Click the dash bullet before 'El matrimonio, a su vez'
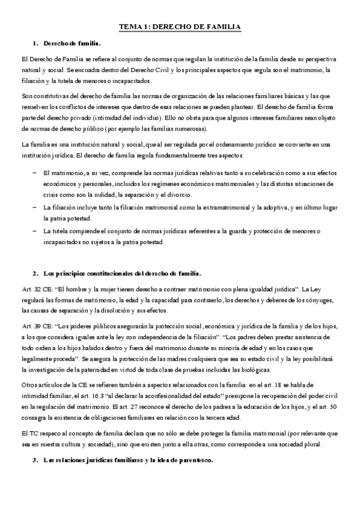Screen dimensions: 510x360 pyautogui.click(x=34, y=173)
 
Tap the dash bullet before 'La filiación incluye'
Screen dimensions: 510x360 pyautogui.click(x=34, y=207)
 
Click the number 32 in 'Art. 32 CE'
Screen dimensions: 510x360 pyautogui.click(x=37, y=289)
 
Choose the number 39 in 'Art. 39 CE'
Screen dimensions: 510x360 pyautogui.click(x=37, y=325)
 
